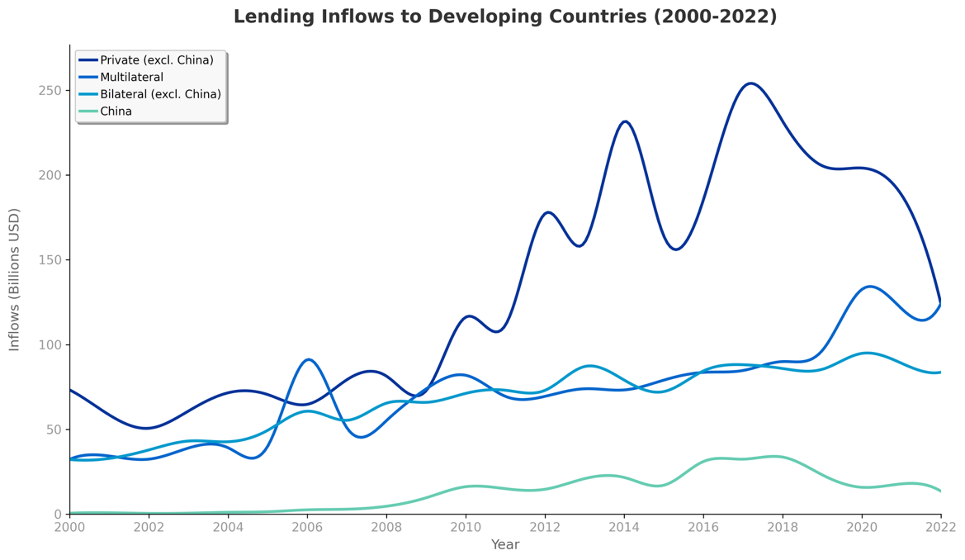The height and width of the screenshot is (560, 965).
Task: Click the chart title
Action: [504, 17]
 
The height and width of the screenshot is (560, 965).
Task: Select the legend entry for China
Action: [116, 112]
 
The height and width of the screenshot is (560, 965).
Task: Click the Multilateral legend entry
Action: [131, 78]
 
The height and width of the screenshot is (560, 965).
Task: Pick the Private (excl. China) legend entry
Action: [156, 60]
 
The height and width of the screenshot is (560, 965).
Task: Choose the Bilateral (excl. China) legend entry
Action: [160, 94]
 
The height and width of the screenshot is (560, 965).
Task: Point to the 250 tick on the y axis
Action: [50, 90]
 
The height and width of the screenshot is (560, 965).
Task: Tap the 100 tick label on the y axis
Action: [50, 344]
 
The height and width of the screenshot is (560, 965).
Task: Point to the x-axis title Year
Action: [505, 545]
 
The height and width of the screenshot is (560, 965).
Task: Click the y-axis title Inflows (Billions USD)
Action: [15, 279]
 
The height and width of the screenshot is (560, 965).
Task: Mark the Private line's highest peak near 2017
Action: [750, 83]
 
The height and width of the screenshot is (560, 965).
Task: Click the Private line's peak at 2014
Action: [625, 121]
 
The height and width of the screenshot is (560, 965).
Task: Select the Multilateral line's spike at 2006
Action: [309, 359]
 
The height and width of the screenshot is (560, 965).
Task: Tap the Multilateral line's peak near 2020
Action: [870, 287]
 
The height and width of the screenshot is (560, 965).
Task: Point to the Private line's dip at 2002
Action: [147, 428]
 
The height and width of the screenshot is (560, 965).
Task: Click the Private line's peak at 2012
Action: [548, 212]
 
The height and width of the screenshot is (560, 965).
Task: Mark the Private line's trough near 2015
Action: [676, 249]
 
